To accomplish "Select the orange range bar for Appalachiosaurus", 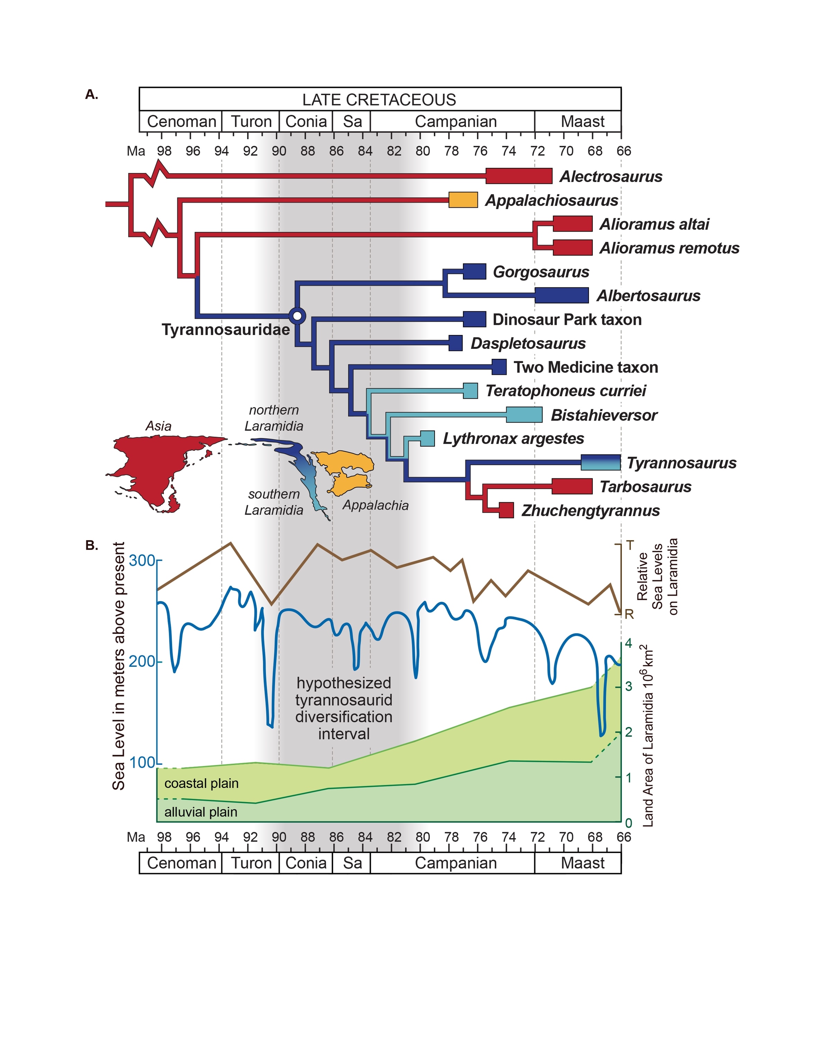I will coord(463,200).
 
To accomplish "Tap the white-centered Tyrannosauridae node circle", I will coord(297,316).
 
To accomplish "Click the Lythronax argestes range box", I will coord(427,438).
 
